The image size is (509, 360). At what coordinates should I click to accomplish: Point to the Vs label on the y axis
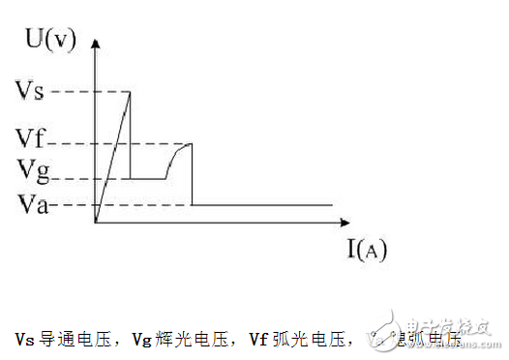[31, 91]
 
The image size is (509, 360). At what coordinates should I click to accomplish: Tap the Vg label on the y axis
[32, 170]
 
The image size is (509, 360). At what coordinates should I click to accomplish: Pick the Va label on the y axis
[32, 205]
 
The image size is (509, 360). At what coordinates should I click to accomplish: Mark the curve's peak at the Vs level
[131, 92]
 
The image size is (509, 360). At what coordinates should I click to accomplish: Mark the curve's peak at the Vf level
[191, 144]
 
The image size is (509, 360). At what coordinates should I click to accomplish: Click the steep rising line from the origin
[113, 155]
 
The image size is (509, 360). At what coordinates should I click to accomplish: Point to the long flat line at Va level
[261, 205]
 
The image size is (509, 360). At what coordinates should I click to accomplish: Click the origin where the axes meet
[96, 224]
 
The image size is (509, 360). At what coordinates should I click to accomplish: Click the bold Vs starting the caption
[24, 338]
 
